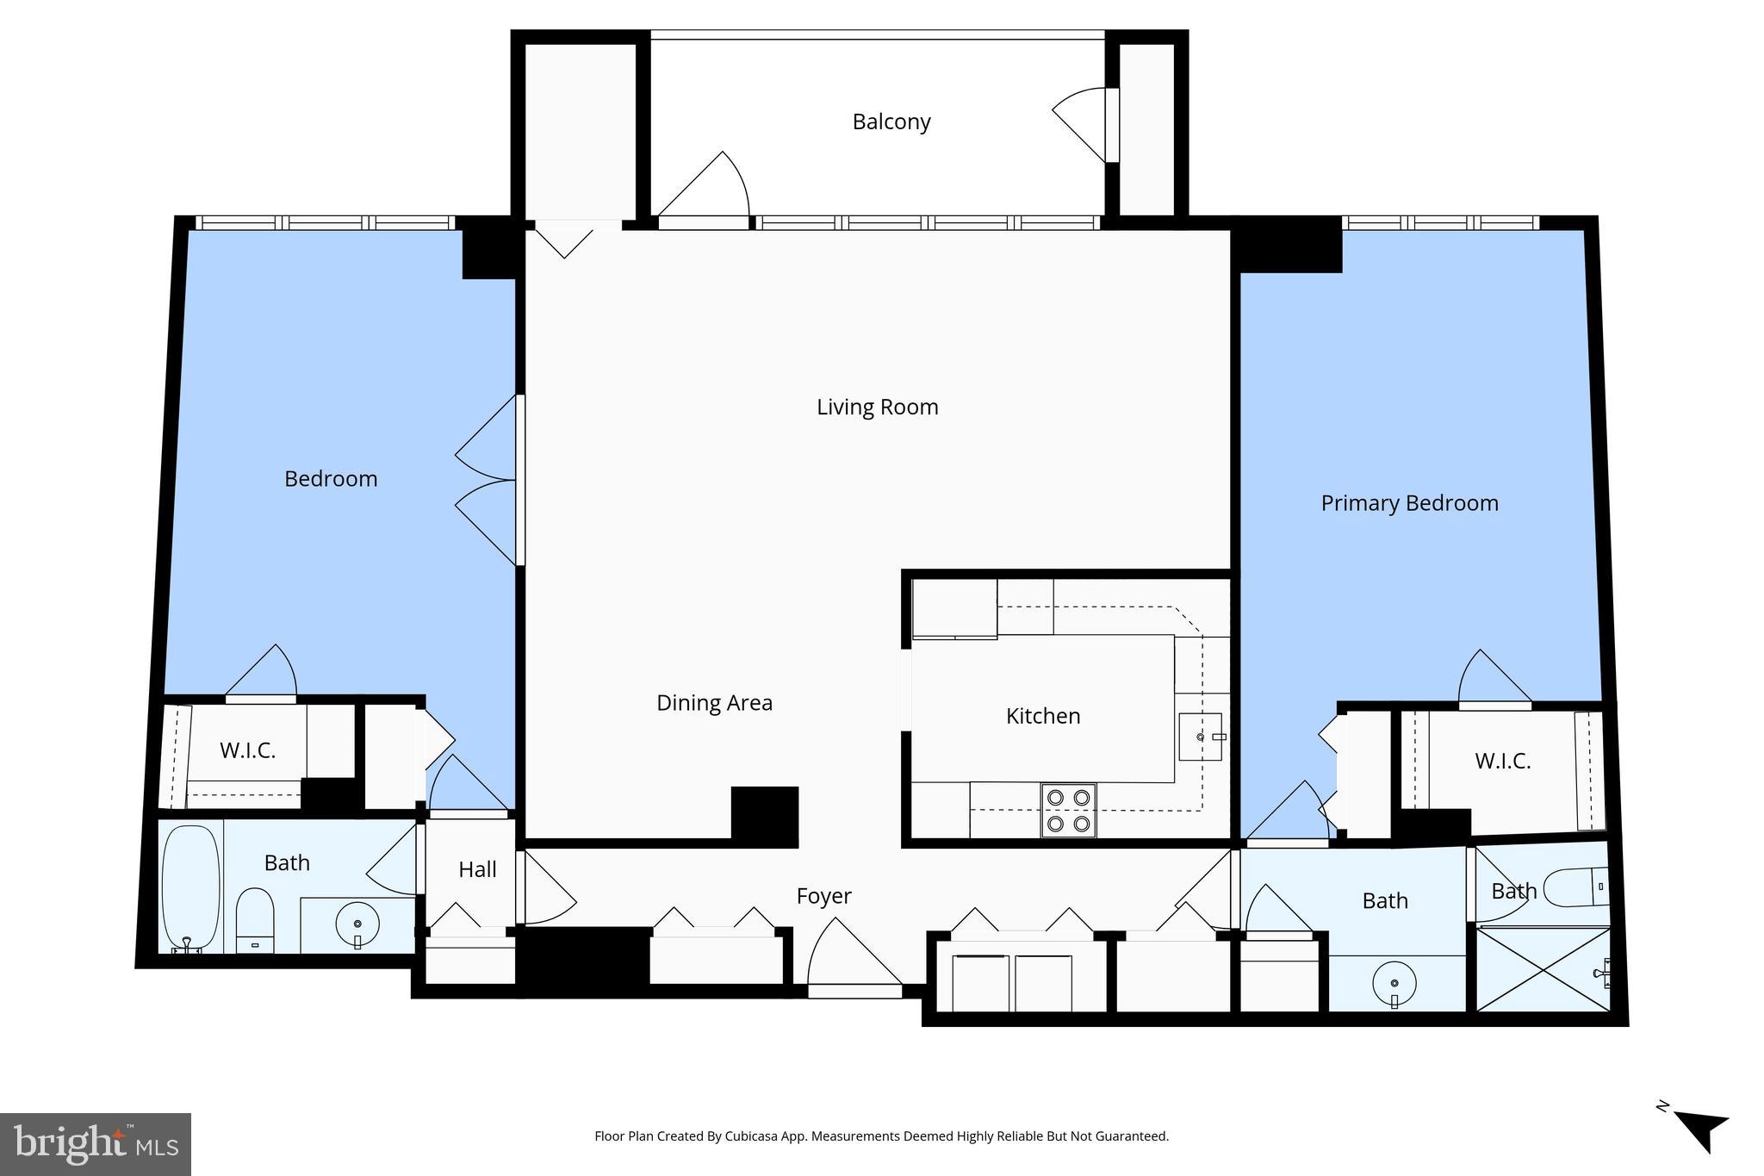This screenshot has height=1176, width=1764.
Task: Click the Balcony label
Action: pos(891,121)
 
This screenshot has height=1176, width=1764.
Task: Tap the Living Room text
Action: pos(877,407)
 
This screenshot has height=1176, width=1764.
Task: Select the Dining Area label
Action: pos(714,703)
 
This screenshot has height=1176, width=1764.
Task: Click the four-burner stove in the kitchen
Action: pos(1068,810)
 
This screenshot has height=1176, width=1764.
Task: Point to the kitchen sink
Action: pos(1200,737)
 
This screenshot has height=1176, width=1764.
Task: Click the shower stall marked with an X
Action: pos(1542,969)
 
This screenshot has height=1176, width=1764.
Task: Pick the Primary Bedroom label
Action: pos(1409,503)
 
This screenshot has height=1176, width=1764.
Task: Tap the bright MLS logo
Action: pos(95,1144)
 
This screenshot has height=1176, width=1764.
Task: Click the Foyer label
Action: pos(823,896)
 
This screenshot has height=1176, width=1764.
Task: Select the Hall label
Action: pos(477,869)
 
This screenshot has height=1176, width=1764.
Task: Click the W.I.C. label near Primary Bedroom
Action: pos(1502,762)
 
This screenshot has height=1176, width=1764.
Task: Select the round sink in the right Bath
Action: pos(1394,984)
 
